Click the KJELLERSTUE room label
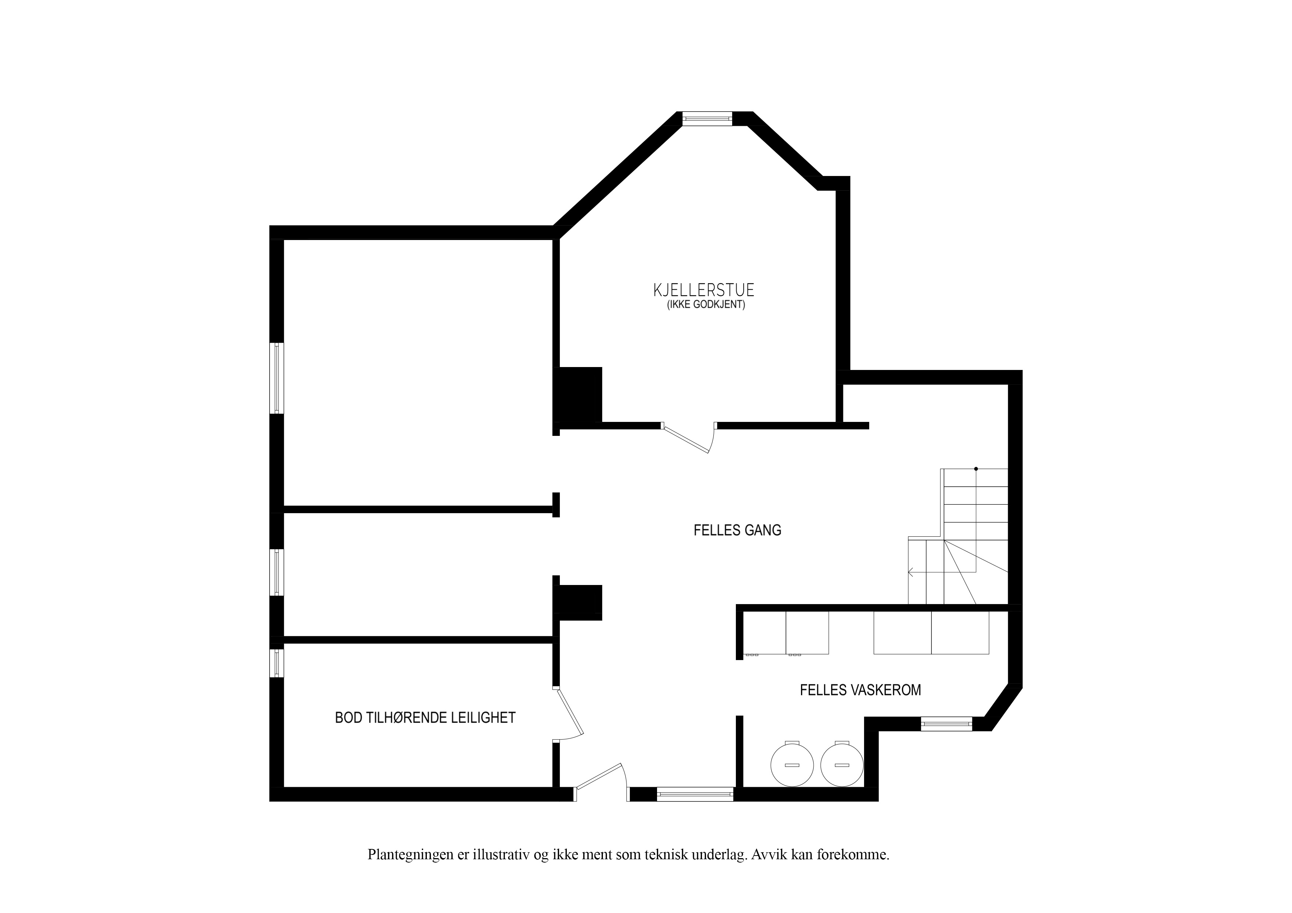pos(703,290)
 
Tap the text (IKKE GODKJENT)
pos(706,305)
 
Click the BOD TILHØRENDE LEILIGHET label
pos(425,718)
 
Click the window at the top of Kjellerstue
pos(708,118)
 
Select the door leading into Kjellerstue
pos(689,438)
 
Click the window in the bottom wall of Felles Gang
pos(695,794)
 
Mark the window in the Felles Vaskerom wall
pos(947,724)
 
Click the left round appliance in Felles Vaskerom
pos(792,764)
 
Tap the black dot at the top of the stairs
pos(976,469)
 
